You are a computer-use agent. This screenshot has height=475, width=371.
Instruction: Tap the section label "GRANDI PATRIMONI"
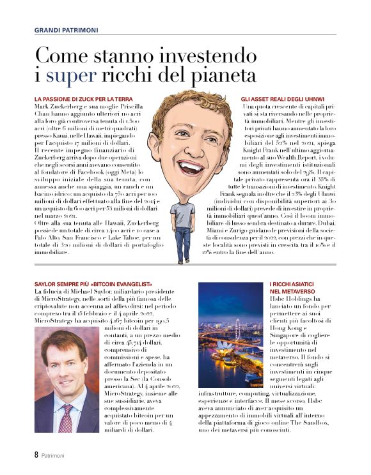click(67, 29)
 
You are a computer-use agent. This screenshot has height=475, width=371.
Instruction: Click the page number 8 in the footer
click(28, 455)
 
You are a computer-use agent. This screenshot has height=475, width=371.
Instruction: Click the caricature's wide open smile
click(190, 167)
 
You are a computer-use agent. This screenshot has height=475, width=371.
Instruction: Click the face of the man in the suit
click(65, 370)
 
